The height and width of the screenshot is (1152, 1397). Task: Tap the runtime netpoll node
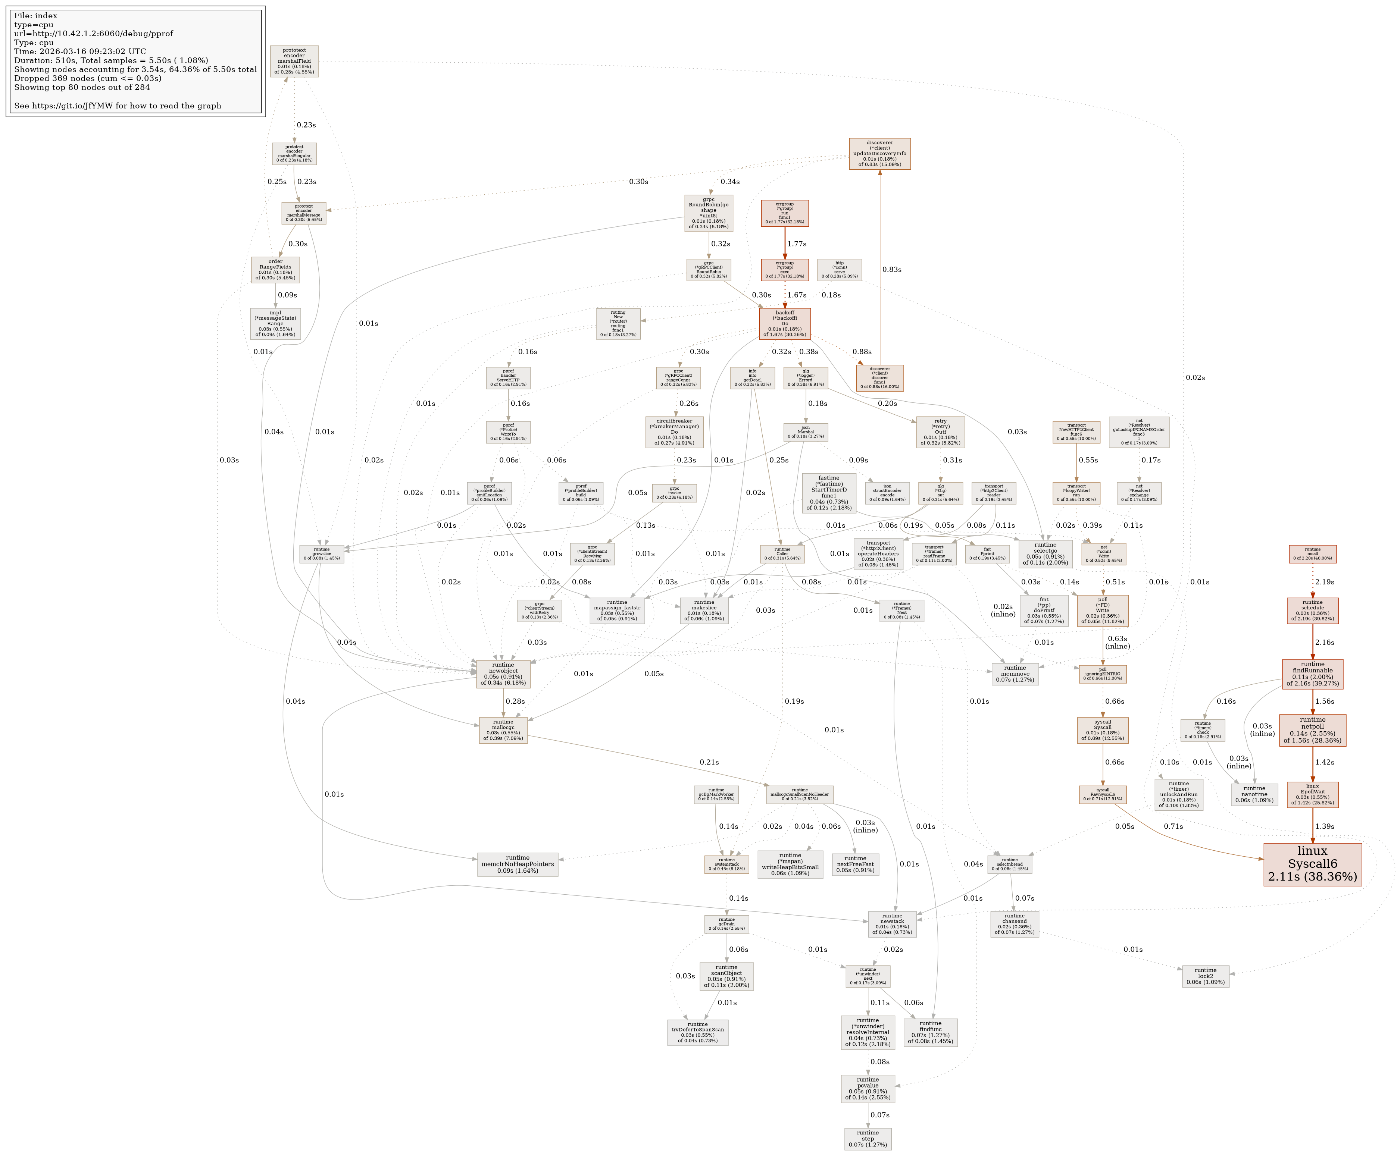click(1312, 731)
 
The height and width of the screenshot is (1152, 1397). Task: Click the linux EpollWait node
click(1312, 794)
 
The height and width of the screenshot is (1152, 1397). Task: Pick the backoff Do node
click(784, 324)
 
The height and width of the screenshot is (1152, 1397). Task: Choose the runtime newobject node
click(503, 674)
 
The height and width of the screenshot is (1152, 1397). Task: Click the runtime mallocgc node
click(503, 730)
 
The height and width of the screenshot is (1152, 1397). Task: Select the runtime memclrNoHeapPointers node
click(517, 865)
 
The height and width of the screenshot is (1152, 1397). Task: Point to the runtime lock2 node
click(1205, 976)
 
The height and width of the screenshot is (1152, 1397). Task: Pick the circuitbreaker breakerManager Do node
click(674, 432)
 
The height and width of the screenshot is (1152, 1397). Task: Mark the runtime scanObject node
click(726, 976)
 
